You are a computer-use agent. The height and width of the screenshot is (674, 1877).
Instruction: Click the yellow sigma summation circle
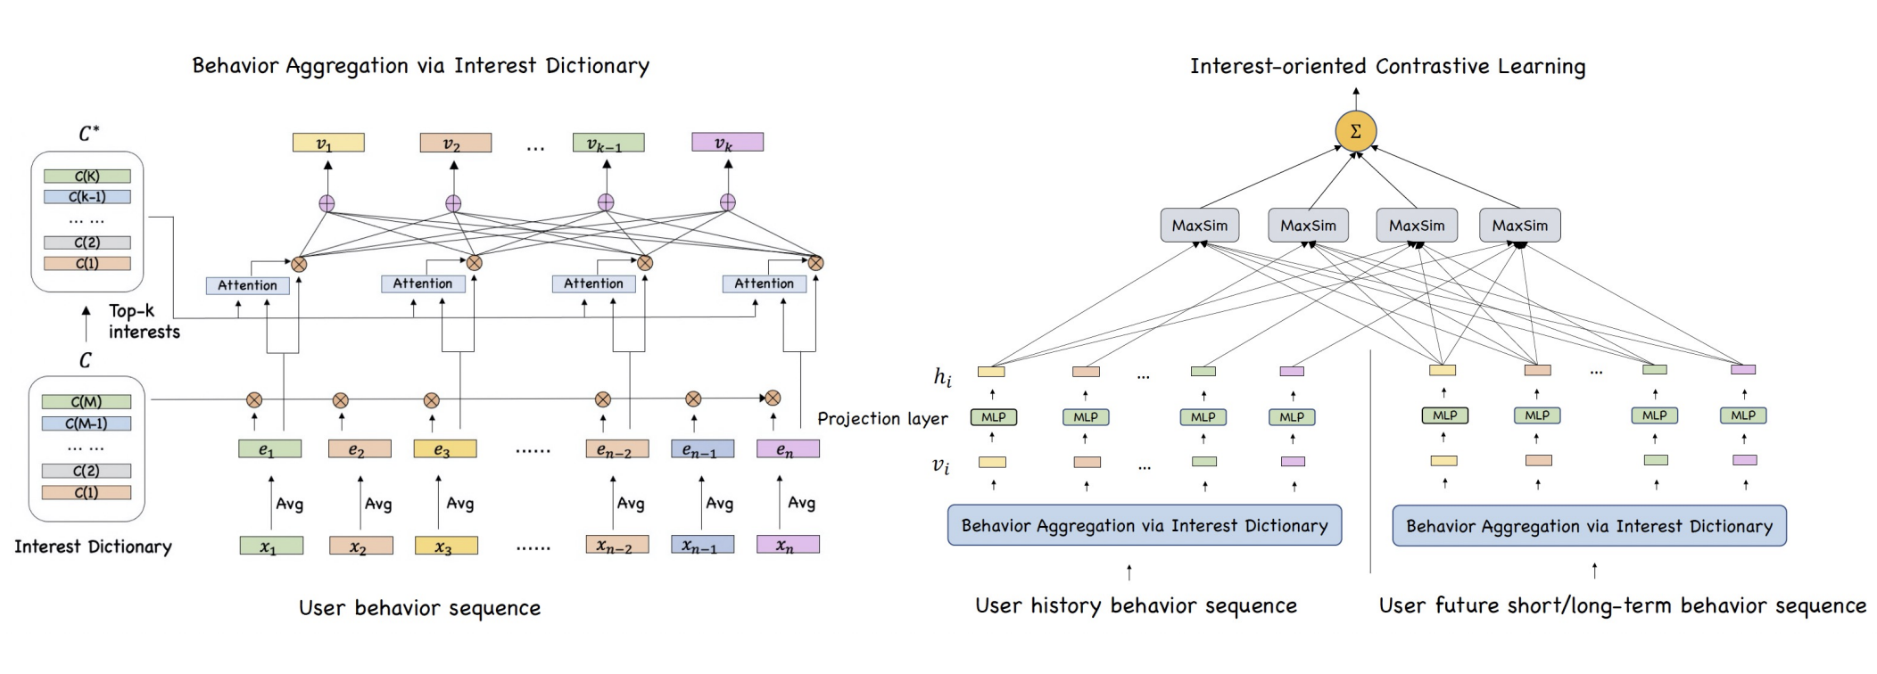click(1355, 132)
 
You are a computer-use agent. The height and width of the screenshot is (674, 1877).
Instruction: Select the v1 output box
click(327, 143)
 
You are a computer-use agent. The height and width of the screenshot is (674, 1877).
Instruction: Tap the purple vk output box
click(727, 143)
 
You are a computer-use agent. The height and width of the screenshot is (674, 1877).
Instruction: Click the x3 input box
click(445, 546)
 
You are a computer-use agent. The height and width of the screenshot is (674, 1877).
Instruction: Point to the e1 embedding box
click(269, 449)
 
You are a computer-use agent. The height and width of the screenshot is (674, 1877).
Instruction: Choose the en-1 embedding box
click(702, 449)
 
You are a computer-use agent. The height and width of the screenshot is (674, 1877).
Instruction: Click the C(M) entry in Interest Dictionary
click(87, 402)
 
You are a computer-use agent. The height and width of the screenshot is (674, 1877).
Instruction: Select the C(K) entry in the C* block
click(87, 177)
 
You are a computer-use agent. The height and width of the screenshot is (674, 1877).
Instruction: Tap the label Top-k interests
click(144, 322)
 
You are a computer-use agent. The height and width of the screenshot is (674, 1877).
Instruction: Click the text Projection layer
click(881, 418)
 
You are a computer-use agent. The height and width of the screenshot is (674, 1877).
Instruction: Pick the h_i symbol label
click(942, 377)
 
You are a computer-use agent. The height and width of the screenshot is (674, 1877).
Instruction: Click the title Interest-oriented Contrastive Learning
click(1387, 66)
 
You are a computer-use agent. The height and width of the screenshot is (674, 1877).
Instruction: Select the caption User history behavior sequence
click(1136, 606)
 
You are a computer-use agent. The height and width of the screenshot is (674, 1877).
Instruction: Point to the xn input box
click(787, 546)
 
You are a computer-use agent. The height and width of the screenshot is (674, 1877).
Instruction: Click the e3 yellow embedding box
click(444, 449)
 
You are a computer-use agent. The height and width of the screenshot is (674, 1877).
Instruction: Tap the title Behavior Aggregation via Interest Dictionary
click(420, 66)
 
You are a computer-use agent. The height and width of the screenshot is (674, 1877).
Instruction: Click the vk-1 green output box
click(608, 143)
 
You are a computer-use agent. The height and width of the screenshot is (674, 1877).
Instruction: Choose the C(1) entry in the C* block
click(87, 264)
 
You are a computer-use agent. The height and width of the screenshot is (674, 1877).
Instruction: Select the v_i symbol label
click(940, 465)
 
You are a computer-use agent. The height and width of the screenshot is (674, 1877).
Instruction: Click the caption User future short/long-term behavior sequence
click(1622, 606)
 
